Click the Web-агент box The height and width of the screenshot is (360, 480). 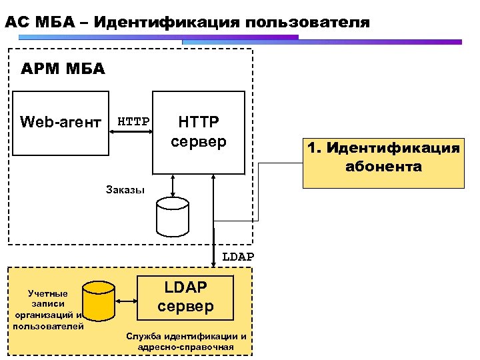tap(61, 123)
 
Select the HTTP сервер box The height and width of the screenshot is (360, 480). tap(199, 132)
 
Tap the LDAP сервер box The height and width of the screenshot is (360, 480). tap(186, 297)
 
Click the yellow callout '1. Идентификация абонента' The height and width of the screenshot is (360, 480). tap(383, 158)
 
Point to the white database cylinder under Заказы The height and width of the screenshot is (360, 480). tap(172, 217)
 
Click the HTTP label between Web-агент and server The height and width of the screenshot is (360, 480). tap(133, 121)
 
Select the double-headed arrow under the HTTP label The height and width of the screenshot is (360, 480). tap(131, 133)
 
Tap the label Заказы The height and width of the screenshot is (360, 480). tap(125, 189)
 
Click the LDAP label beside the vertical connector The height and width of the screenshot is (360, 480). tap(238, 257)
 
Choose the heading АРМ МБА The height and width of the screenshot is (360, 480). tap(63, 69)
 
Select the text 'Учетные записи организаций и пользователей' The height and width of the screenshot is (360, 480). tap(48, 309)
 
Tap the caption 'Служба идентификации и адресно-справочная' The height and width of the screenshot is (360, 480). tap(186, 341)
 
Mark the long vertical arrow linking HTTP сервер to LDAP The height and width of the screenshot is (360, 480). tap(213, 213)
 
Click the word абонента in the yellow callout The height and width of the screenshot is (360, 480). tap(383, 167)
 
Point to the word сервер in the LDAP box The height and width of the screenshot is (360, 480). tap(186, 306)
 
